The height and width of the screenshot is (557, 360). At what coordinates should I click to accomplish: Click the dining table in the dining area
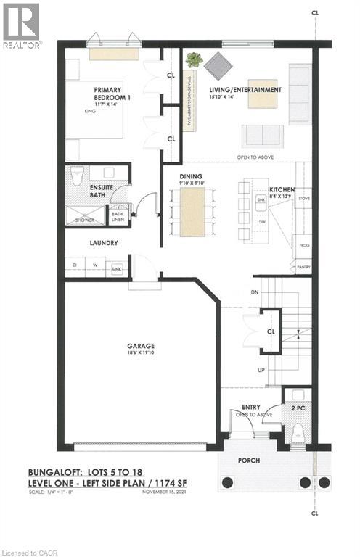pos(192,212)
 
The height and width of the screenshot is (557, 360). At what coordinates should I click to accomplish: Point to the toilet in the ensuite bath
pos(78,176)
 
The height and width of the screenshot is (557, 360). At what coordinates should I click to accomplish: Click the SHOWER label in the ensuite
pos(89,217)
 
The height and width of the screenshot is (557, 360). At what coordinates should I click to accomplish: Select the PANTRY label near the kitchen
pos(303,267)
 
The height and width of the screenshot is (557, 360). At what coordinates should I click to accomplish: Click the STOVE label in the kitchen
pos(305,197)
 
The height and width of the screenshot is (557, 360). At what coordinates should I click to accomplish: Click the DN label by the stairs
pos(254,292)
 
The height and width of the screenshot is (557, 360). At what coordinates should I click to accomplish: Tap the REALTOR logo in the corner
pos(22,25)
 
